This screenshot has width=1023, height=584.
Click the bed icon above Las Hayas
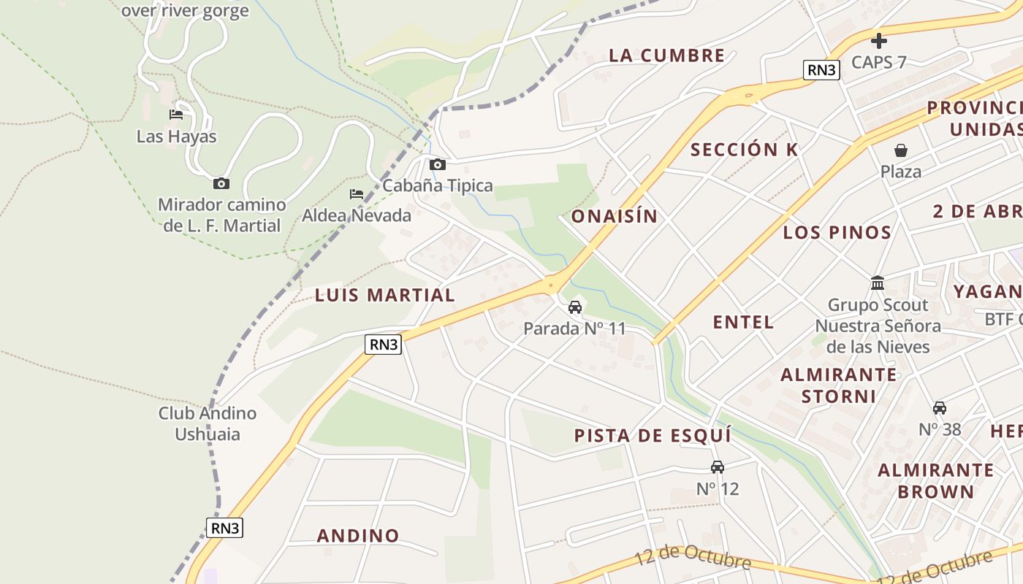176,115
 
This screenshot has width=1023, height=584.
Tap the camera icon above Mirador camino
221,184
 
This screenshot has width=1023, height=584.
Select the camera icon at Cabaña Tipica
438,164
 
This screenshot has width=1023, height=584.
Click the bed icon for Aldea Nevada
357,194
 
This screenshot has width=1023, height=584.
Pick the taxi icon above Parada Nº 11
575,307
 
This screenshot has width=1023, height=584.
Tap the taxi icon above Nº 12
718,467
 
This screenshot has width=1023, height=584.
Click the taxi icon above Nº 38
940,408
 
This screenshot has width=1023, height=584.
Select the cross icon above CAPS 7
879,41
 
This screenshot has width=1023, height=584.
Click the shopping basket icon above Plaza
901,150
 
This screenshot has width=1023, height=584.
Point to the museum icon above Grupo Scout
878,283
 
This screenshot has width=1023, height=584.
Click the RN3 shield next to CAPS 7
822,69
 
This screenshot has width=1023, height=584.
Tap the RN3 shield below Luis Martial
384,345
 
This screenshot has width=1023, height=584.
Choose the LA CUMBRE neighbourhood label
666,55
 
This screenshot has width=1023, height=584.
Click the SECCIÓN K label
745,150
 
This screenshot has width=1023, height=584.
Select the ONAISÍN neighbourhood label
615,216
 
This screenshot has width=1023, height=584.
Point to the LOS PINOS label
837,233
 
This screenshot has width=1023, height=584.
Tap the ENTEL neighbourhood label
743,322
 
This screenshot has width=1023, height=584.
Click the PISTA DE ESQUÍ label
653,436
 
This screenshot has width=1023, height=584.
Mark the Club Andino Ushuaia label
208,423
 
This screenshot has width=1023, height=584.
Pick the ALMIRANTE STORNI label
839,385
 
